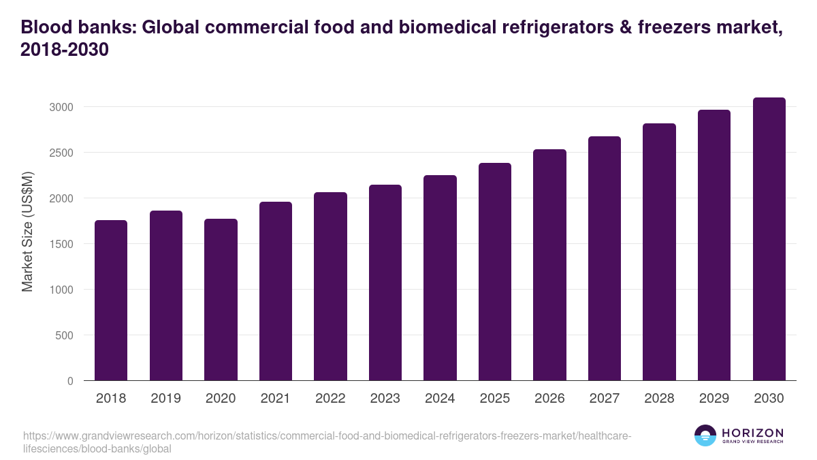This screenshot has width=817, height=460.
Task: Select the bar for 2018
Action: tap(111, 301)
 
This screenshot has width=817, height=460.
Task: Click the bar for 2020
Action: tap(221, 300)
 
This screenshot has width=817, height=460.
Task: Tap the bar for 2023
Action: tap(385, 283)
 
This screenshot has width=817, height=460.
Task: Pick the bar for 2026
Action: tap(549, 265)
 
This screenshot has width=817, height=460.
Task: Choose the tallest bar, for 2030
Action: tap(769, 239)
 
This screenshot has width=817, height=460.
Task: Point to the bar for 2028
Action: tap(659, 252)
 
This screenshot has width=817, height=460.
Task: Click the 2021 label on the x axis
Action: tap(276, 399)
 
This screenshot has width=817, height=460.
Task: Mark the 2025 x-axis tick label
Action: tap(495, 399)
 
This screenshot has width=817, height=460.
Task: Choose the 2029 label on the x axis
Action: tap(714, 399)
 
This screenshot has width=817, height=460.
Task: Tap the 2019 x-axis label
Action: tap(166, 399)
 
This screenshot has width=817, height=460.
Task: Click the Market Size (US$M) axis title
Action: tap(27, 232)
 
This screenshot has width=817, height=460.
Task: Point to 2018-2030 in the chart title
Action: tap(65, 50)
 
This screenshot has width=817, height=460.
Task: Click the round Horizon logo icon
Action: tap(705, 435)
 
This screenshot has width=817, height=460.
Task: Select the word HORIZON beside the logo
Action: tap(752, 433)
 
